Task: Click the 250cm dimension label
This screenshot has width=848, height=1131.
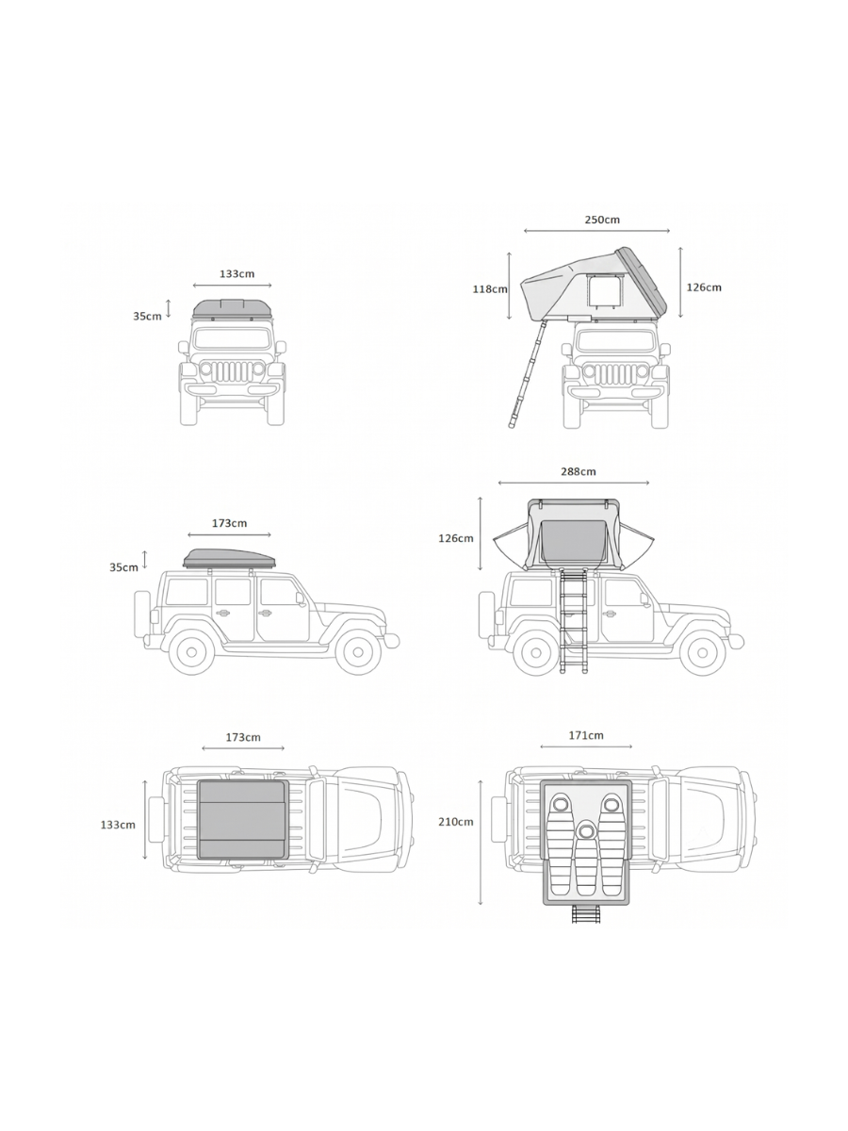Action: (x=602, y=220)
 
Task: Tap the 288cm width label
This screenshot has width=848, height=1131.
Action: (x=579, y=471)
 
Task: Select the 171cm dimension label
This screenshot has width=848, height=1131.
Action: (x=586, y=735)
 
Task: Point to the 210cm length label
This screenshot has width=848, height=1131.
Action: (x=456, y=822)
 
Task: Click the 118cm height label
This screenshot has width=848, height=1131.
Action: (x=490, y=289)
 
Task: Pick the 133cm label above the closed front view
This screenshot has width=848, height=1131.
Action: (x=236, y=273)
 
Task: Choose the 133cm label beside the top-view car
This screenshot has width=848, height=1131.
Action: (x=118, y=825)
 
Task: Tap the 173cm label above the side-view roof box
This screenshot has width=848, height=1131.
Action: (x=230, y=523)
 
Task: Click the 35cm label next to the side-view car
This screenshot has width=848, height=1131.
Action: (x=123, y=567)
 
